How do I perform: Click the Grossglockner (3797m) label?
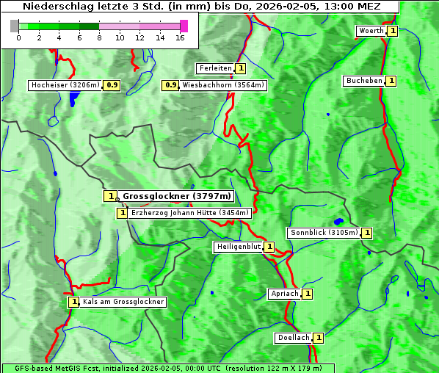pyautogui.click(x=177, y=196)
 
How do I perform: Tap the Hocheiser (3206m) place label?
pyautogui.click(x=65, y=85)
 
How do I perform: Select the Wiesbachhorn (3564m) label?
pyautogui.click(x=223, y=85)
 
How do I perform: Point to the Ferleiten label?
pyautogui.click(x=215, y=68)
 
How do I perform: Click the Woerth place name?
pyautogui.click(x=371, y=31)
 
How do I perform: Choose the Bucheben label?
pyautogui.click(x=364, y=81)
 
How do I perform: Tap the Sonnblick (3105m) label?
pyautogui.click(x=324, y=233)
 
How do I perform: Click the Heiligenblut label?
pyautogui.click(x=238, y=247)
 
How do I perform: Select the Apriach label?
pyautogui.click(x=285, y=294)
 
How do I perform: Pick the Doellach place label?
pyautogui.click(x=294, y=338)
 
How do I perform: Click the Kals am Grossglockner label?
pyautogui.click(x=123, y=302)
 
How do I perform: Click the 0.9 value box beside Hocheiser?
pyautogui.click(x=112, y=85)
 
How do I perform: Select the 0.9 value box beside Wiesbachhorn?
pyautogui.click(x=170, y=85)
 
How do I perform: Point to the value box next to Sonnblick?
pyautogui.click(x=367, y=233)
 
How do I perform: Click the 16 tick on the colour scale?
pyautogui.click(x=180, y=37)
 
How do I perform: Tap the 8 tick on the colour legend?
pyautogui.click(x=99, y=37)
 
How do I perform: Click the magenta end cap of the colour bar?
pyautogui.click(x=184, y=26)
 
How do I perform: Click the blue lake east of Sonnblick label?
pyautogui.click(x=338, y=221)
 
